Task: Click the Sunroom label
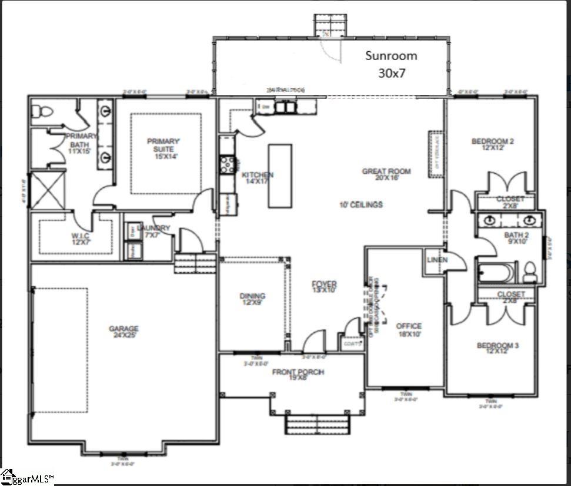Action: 391,55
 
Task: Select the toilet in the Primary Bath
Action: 42,111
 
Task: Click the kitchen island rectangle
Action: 280,176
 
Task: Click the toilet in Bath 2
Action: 529,272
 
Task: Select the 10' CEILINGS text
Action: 361,204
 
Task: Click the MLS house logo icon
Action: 8,476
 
